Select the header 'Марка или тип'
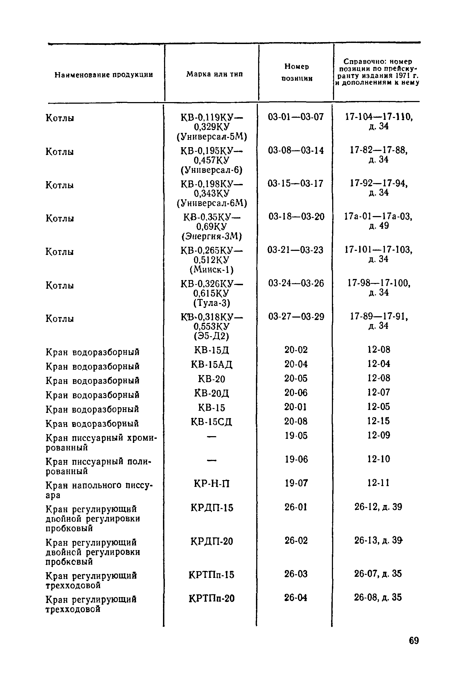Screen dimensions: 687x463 click(214, 74)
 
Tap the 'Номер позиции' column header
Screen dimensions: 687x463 click(297, 73)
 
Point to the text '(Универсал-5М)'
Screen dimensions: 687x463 click(212, 137)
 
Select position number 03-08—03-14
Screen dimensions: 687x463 click(296, 150)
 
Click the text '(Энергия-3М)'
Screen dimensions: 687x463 click(212, 236)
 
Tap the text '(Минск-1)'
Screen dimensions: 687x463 click(212, 269)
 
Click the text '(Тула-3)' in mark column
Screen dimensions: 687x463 click(212, 303)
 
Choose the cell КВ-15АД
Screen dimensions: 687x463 click(212, 365)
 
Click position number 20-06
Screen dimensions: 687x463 click(296, 393)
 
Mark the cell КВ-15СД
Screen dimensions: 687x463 click(212, 422)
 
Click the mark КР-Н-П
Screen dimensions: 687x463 click(212, 483)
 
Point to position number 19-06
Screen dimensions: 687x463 click(296, 459)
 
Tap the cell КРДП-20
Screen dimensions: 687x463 click(212, 541)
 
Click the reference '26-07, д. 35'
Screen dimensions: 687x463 click(378, 573)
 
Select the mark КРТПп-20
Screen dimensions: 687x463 click(212, 598)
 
